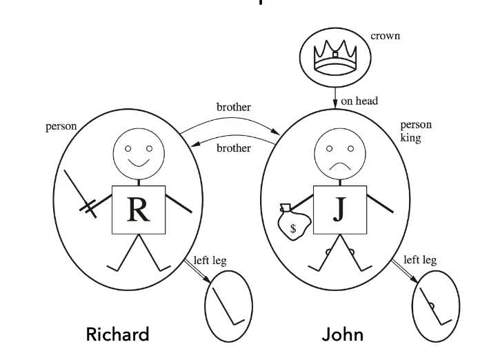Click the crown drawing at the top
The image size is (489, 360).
point(334,54)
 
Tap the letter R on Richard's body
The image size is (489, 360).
point(139,210)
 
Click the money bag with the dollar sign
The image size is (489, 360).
point(292,224)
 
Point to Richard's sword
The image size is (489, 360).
point(79,190)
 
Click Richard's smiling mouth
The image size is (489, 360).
point(139,163)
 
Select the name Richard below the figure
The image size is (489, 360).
point(117,335)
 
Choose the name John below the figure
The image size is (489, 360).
point(342,335)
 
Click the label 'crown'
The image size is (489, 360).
point(385,35)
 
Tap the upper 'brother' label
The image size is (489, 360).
point(234,108)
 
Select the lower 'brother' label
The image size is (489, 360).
point(234,148)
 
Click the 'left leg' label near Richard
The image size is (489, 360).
point(209,261)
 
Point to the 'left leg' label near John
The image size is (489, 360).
point(420,260)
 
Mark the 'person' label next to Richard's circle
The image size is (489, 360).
point(61,127)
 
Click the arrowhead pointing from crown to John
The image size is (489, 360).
point(334,103)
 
